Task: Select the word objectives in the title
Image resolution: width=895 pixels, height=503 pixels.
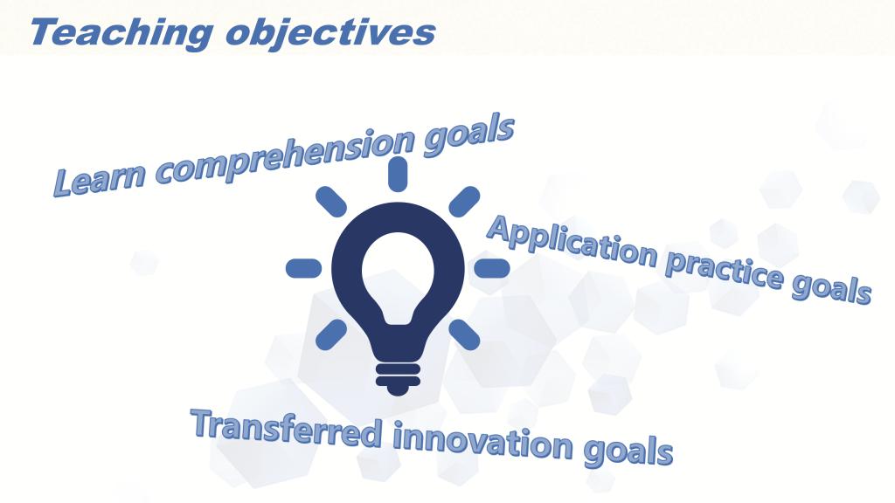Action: pyautogui.click(x=330, y=32)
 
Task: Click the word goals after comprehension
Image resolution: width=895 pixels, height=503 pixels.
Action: pyautogui.click(x=469, y=134)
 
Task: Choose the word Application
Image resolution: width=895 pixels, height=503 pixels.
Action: pyautogui.click(x=573, y=243)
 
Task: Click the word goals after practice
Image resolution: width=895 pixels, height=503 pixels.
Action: pyautogui.click(x=831, y=288)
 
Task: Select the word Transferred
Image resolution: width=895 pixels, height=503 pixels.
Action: pyautogui.click(x=287, y=428)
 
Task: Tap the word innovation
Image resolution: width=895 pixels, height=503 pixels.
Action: pyautogui.click(x=482, y=441)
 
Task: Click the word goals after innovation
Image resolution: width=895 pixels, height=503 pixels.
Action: pyautogui.click(x=628, y=451)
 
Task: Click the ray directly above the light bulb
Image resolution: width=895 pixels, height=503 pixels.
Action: pyautogui.click(x=398, y=174)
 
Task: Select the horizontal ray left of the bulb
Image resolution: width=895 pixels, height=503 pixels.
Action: pyautogui.click(x=303, y=268)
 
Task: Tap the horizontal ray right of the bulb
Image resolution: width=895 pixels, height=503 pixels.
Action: pyautogui.click(x=492, y=268)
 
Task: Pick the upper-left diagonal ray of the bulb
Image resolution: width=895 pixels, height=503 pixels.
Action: pyautogui.click(x=331, y=202)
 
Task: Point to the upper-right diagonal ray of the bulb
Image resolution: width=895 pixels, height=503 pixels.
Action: pyautogui.click(x=464, y=202)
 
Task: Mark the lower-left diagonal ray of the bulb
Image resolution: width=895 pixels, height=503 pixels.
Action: pyautogui.click(x=331, y=334)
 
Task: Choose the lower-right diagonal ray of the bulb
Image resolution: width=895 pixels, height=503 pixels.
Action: pyautogui.click(x=464, y=334)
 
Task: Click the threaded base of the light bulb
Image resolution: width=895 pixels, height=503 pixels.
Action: pyautogui.click(x=398, y=378)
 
